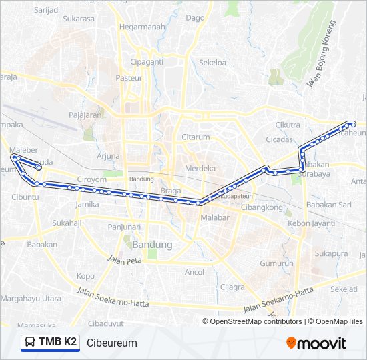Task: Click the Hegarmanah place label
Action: point(141,27)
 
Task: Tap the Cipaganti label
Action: point(147,62)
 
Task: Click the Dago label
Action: point(195,18)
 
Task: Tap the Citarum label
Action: point(196,137)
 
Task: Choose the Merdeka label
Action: point(200,168)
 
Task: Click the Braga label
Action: point(171,190)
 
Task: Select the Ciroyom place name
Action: point(92,179)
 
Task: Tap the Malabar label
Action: point(215,218)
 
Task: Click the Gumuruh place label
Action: point(276,263)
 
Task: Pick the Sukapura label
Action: point(332,254)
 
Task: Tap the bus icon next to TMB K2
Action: point(30,343)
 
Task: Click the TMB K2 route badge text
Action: point(57,343)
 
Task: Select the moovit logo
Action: point(316,343)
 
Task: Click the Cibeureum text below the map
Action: point(111,343)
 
